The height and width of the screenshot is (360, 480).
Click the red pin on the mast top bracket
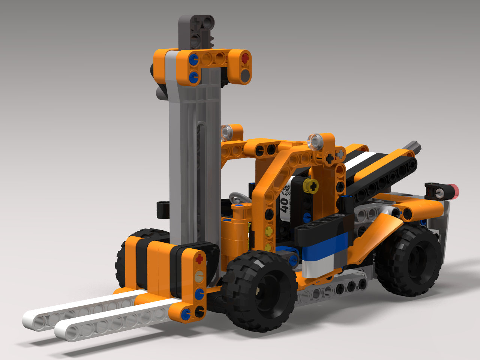tap(245, 58)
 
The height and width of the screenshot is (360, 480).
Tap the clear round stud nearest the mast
tap(227, 132)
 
